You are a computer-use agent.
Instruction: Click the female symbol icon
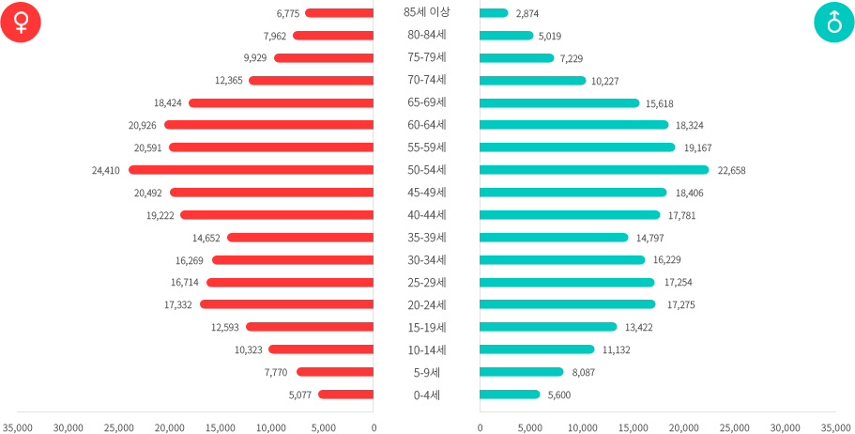tap(21, 22)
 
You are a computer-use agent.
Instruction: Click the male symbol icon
tap(833, 22)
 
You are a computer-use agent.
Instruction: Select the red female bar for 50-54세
tap(251, 170)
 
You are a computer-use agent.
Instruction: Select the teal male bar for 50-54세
tap(594, 170)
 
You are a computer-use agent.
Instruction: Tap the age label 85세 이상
tap(426, 12)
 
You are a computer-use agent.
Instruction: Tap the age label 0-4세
tap(426, 395)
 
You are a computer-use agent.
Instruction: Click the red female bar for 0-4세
tap(344, 395)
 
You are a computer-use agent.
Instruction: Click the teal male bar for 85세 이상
tap(495, 13)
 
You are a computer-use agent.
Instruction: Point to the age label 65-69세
tap(426, 102)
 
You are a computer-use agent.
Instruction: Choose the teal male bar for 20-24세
tap(568, 304)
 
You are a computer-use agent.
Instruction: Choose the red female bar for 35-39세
tap(299, 238)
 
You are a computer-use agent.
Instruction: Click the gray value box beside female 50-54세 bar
tap(106, 171)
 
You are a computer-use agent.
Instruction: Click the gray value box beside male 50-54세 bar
tap(732, 171)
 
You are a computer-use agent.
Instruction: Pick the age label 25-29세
tap(426, 283)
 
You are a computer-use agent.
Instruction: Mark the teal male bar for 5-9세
tap(522, 372)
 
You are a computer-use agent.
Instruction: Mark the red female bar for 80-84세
tap(332, 36)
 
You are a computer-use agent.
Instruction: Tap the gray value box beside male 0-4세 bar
tap(559, 395)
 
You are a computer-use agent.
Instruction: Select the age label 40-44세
tap(426, 215)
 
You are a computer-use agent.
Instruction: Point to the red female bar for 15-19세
tap(309, 327)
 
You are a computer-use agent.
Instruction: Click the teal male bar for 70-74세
tap(533, 81)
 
